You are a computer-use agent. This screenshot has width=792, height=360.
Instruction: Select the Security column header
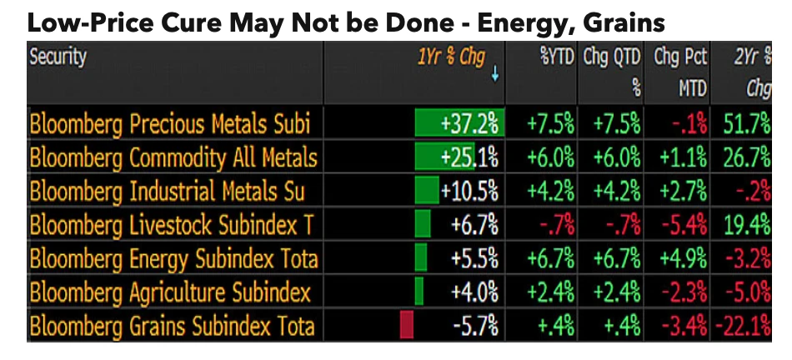tap(58, 58)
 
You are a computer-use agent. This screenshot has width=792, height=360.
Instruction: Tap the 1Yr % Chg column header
tap(451, 58)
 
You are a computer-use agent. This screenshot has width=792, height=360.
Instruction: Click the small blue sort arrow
tap(495, 75)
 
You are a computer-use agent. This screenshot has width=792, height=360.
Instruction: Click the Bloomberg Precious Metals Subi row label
tap(170, 124)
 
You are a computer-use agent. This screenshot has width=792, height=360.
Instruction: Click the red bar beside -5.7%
tap(407, 324)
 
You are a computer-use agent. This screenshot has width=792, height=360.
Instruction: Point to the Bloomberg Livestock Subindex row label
tap(171, 224)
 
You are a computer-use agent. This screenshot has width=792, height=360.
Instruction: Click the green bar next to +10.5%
tap(427, 191)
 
